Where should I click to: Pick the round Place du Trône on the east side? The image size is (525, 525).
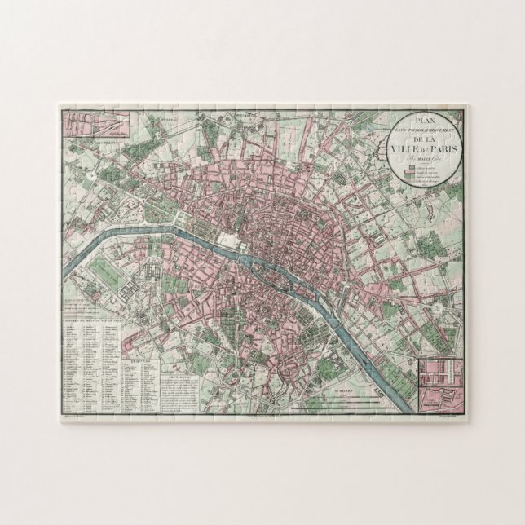(439, 311)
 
